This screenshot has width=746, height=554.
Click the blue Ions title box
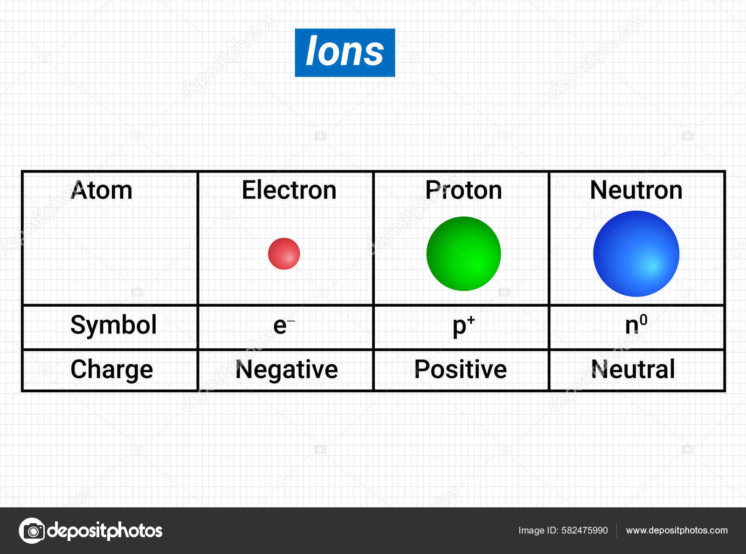coord(345,53)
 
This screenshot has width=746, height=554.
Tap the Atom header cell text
coord(101,190)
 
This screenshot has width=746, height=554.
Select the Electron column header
coord(289,190)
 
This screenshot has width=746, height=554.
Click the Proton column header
coord(463,190)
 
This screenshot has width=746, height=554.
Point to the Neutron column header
coord(636,190)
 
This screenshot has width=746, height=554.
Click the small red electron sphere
coord(284,254)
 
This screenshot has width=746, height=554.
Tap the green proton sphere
coord(463,254)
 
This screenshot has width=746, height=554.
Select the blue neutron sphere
coord(636,254)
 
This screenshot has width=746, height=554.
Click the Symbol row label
coord(113,325)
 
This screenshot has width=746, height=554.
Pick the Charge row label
coord(111,370)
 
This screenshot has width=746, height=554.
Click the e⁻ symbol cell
coord(284,325)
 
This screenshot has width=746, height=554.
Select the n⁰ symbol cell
coord(636,325)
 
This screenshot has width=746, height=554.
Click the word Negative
coord(287,370)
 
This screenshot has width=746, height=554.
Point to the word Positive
coord(461,369)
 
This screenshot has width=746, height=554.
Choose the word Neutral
coord(633,369)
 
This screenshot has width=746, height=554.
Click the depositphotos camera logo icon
coord(32,531)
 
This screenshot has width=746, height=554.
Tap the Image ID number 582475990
coord(585,530)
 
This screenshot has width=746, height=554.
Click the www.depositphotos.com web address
coord(677,531)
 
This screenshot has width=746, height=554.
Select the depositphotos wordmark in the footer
coord(104,531)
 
